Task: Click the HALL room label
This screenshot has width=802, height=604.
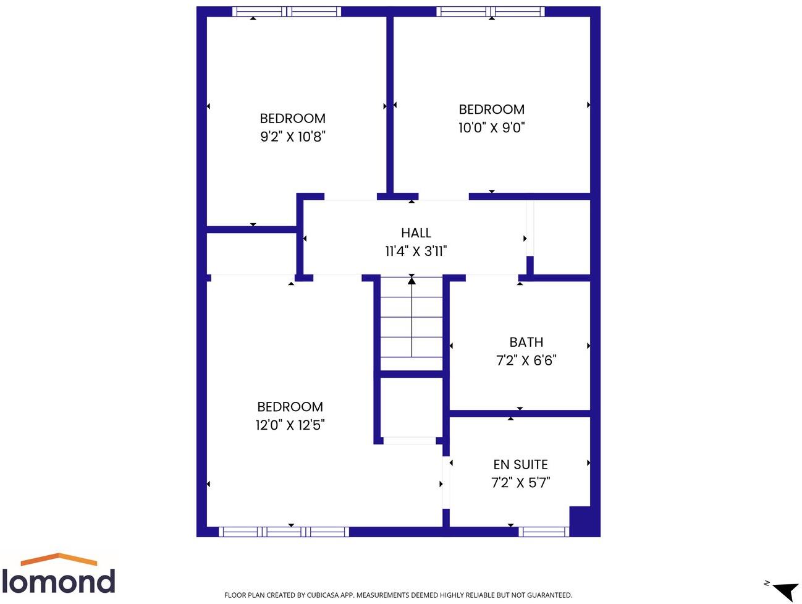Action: coord(416,233)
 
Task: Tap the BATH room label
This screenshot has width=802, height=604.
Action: coord(526,342)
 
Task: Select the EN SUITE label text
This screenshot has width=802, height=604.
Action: coord(520,464)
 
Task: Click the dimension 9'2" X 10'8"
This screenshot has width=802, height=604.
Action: coord(292,137)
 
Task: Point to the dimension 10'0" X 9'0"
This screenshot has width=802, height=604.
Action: coord(491,127)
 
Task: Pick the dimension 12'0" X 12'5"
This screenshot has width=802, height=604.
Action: coord(290,425)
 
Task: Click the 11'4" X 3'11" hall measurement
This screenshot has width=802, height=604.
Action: coord(416,251)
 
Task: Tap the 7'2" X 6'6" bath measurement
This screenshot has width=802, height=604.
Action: coord(526,360)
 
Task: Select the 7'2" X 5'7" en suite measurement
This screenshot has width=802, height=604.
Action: coord(520,483)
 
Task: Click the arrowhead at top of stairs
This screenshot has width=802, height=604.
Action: coord(412,281)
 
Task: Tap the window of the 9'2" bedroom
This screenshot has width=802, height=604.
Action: coord(287,11)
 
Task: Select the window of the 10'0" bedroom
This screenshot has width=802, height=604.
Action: coord(491,11)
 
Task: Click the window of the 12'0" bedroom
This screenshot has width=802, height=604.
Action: coord(284,532)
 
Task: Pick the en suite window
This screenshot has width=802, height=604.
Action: coord(543,532)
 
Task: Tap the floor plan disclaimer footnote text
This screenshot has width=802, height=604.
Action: coord(398,595)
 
